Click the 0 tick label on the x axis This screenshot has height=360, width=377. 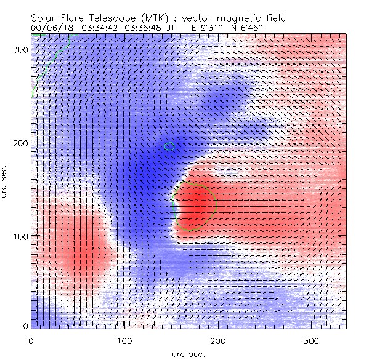point(31,340)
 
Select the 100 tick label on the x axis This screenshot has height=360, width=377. point(125,340)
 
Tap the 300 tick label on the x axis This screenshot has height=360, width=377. point(312,340)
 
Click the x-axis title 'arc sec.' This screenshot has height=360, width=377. point(188,354)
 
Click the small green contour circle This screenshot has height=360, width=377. point(171,146)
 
